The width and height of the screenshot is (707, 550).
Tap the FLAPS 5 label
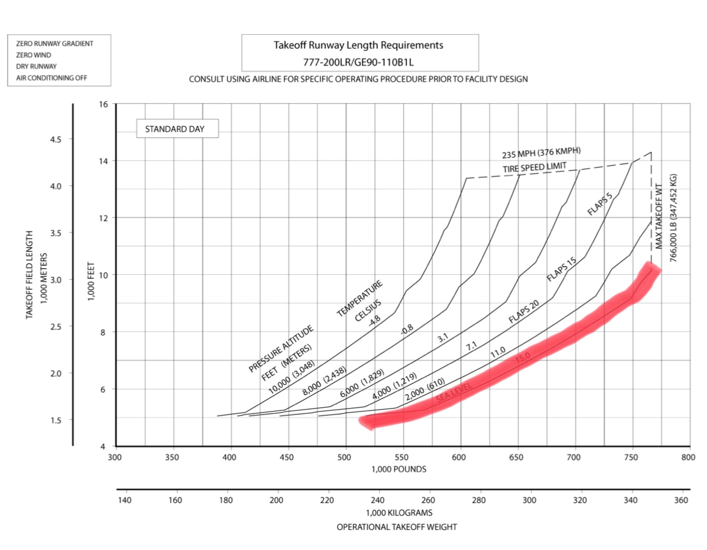pos(600,204)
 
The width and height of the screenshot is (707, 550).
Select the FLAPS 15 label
pos(561,269)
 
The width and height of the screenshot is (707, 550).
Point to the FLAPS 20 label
pos(524,311)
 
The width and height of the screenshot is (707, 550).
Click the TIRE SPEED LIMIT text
pos(534,167)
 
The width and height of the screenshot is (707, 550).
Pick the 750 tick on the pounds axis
pos(631,457)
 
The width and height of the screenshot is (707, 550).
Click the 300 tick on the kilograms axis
pos(529,500)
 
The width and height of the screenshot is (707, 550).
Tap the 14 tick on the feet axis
pos(103,161)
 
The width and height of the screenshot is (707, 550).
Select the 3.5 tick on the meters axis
pos(55,233)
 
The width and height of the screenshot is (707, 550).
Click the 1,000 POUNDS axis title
pos(399,469)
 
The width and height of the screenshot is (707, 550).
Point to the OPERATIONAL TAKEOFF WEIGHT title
pos(397,527)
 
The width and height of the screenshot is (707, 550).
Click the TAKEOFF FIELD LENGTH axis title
pos(29,274)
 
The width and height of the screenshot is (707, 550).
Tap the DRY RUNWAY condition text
pos(36,66)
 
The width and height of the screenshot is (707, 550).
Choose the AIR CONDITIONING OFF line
pos(51,78)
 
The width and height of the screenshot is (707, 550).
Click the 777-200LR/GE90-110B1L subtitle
pos(358,62)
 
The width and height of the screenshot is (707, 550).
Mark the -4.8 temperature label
pos(374,320)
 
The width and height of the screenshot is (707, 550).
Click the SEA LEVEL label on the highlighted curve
pos(454,392)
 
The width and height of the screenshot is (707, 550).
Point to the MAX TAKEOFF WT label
pos(659,216)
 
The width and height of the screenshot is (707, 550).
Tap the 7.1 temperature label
pos(471,346)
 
